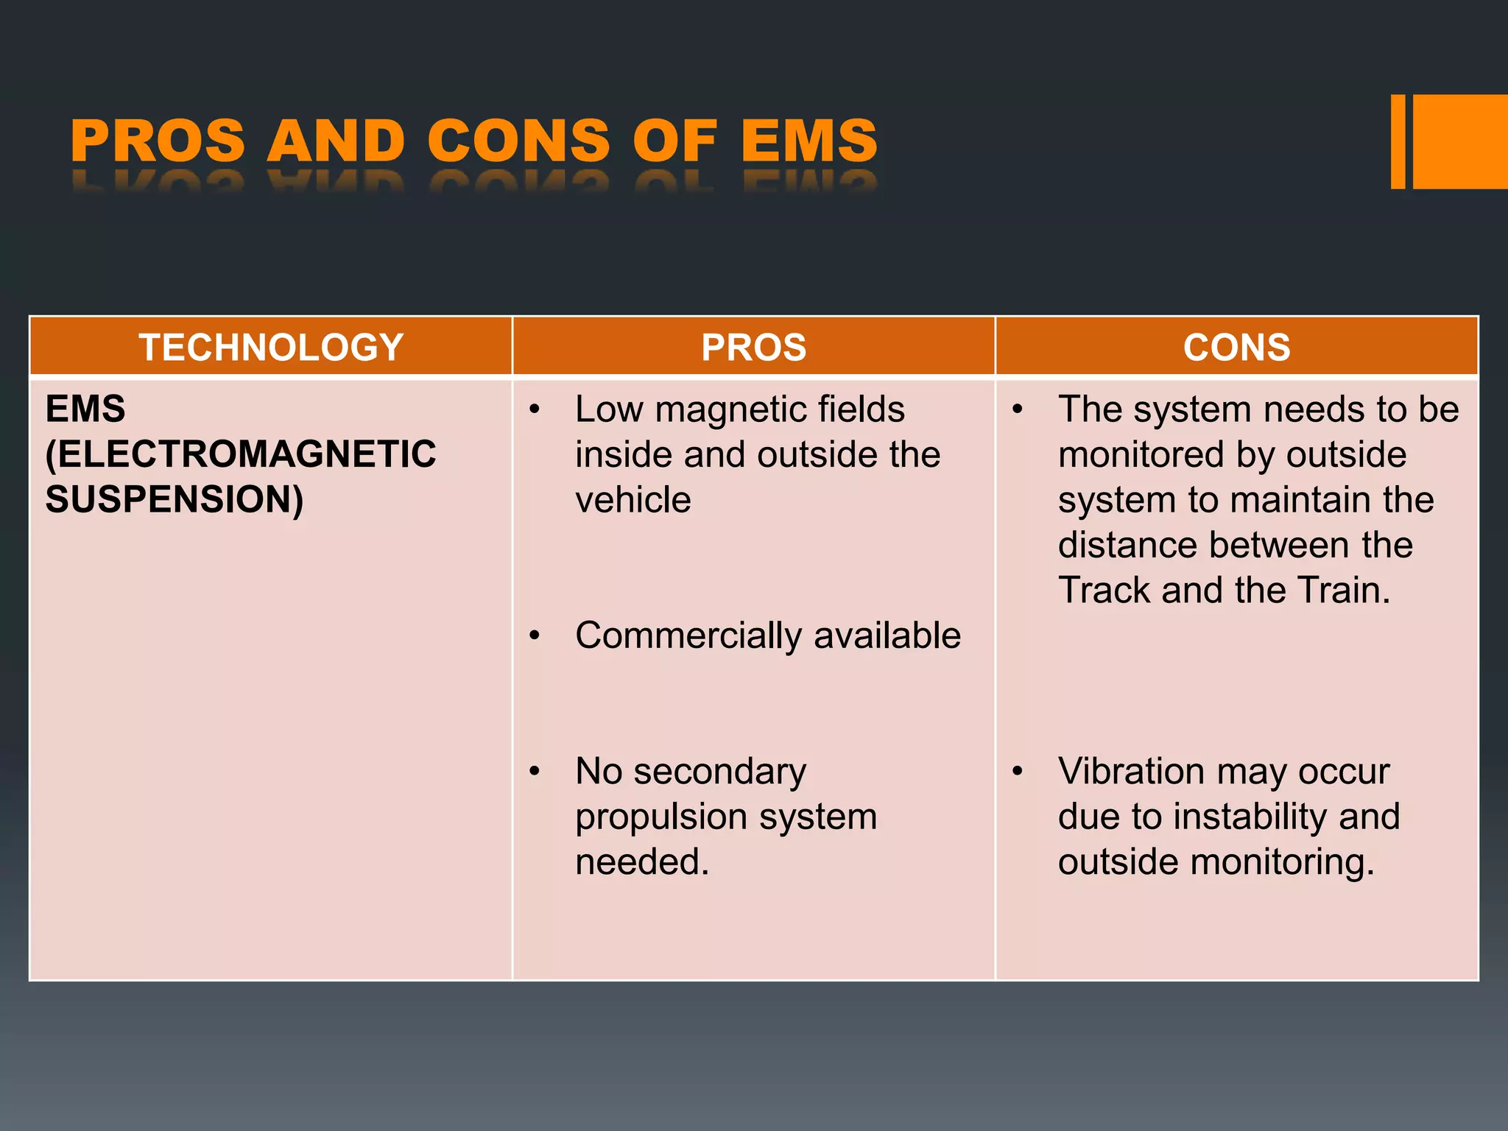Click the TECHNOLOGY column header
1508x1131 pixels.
pyautogui.click(x=271, y=347)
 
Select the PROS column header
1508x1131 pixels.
pyautogui.click(x=753, y=347)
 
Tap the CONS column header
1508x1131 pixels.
pyautogui.click(x=1236, y=347)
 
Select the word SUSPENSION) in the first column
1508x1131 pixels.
pyautogui.click(x=174, y=499)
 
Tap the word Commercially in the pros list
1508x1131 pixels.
pyautogui.click(x=688, y=635)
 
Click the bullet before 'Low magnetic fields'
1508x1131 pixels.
pyautogui.click(x=535, y=409)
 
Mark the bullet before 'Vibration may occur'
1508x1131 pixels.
pyautogui.click(x=1018, y=772)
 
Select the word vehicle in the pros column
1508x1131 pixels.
pyautogui.click(x=633, y=500)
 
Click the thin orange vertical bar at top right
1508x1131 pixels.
pyautogui.click(x=1398, y=141)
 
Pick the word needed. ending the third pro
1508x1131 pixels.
pyautogui.click(x=642, y=862)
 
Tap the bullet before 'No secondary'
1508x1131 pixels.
pyautogui.click(x=535, y=772)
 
